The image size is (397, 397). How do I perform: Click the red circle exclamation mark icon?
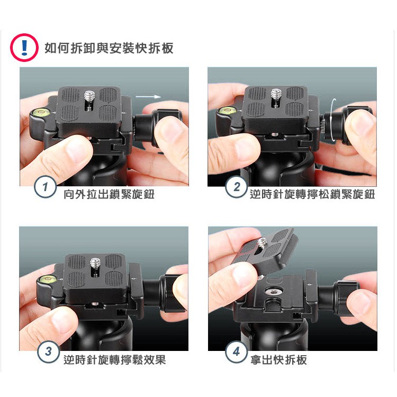tap(24, 48)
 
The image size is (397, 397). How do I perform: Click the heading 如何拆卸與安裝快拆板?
tap(109, 48)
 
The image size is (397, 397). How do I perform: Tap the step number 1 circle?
tap(45, 187)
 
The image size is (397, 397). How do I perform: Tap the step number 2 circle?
tap(236, 187)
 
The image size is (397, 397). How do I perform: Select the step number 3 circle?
tap(48, 351)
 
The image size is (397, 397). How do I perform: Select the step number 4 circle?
tap(236, 351)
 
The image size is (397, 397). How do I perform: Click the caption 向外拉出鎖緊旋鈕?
tap(109, 194)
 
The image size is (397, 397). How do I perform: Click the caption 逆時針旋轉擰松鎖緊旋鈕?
tap(312, 194)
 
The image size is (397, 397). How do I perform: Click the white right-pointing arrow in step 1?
tap(148, 97)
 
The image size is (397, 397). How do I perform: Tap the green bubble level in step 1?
tap(41, 111)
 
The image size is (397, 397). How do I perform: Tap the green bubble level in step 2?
tap(227, 110)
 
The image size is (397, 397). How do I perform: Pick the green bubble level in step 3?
tap(47, 279)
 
